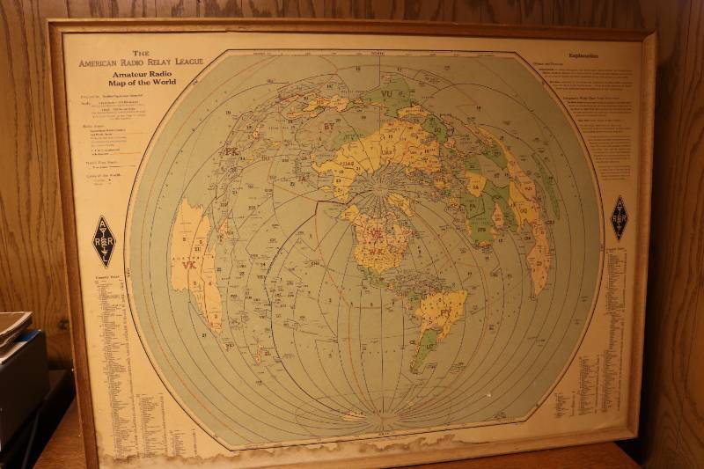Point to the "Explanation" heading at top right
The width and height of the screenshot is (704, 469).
point(583,56)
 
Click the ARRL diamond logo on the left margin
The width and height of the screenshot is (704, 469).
point(104,241)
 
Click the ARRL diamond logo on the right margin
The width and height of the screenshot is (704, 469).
point(619,217)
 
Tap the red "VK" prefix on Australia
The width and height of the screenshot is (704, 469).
point(189,264)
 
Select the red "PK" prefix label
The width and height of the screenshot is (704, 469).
point(231,151)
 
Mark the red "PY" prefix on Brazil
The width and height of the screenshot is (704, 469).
point(444,311)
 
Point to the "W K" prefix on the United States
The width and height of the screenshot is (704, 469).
point(377,251)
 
